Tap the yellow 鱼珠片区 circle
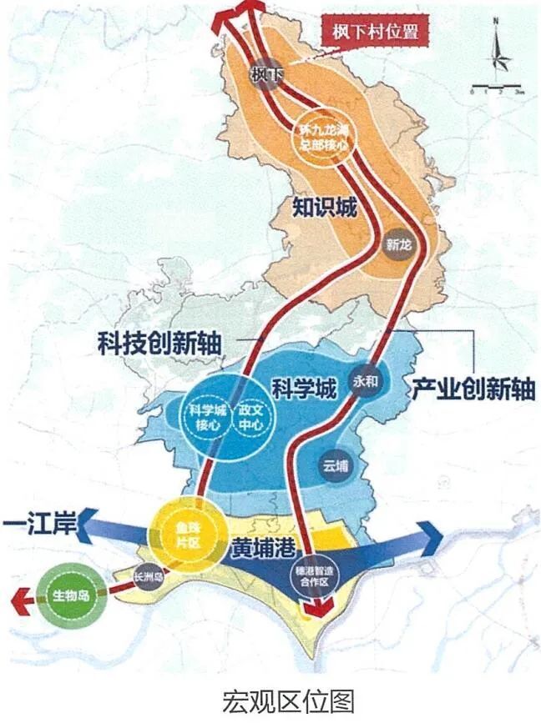[x=187, y=532]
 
